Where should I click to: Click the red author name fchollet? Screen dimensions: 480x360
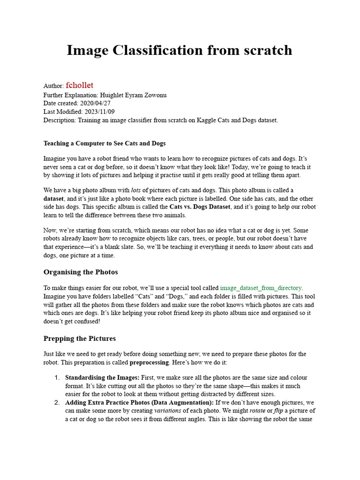click(80, 85)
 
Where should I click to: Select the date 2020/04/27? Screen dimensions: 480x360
click(96, 103)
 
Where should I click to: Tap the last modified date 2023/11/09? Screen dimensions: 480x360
click(99, 112)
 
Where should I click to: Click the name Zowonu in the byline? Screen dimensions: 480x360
click(153, 95)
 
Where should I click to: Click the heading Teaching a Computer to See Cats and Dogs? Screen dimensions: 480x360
click(105, 143)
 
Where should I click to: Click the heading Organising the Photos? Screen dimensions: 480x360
click(81, 272)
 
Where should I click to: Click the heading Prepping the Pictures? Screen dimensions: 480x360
click(80, 338)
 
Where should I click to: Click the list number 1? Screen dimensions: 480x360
click(57, 377)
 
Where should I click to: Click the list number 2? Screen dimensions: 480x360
click(57, 403)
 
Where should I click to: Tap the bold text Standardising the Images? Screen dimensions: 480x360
click(102, 377)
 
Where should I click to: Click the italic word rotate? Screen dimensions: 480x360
click(256, 411)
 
